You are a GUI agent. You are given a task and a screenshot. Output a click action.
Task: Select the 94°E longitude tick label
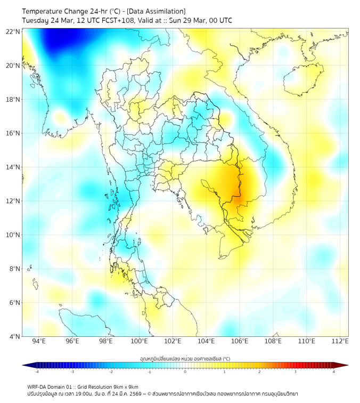click(39, 341)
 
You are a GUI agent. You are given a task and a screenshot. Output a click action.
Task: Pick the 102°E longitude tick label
click(173, 341)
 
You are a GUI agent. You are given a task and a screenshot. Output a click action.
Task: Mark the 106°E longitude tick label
click(240, 341)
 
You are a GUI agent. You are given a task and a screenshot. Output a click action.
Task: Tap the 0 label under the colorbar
click(185, 372)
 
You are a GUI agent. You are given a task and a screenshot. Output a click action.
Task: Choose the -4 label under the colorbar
click(37, 372)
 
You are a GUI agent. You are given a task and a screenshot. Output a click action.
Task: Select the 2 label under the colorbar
click(259, 372)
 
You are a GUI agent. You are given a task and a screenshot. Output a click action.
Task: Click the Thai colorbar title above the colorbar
click(185, 358)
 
